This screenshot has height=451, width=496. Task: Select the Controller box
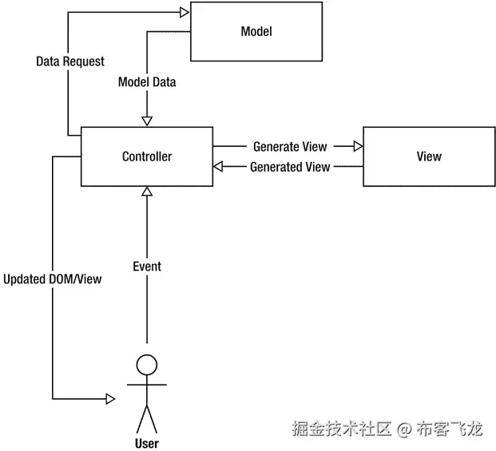coord(146,156)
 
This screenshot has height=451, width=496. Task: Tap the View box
coord(428,156)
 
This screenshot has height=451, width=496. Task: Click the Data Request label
coord(70,61)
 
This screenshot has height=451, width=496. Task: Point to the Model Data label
coord(147,82)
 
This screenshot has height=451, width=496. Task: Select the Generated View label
coord(289,167)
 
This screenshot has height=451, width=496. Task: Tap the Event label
coord(147,266)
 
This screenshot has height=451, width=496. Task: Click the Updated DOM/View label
coord(52,280)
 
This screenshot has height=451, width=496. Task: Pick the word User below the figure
coord(147,443)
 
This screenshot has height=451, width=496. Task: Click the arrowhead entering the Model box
coord(185,11)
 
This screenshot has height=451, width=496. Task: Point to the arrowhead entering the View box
coord(358,146)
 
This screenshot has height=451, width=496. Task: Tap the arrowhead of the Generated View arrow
coord(218,167)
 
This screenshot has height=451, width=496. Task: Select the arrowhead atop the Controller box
coord(146,120)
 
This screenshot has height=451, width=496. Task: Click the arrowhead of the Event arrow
coord(146,192)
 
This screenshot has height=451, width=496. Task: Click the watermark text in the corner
coord(387,429)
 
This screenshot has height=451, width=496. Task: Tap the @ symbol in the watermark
coord(404,429)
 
